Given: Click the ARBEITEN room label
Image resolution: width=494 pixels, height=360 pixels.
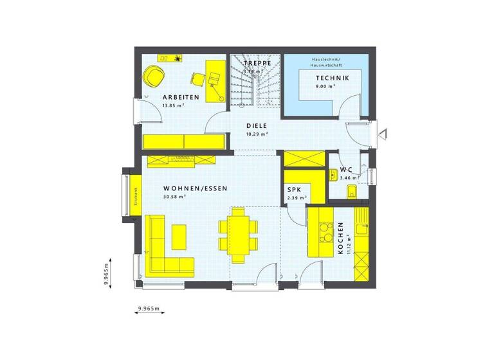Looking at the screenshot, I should [181, 98].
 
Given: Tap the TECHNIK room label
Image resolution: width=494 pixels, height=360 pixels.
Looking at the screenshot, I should [332, 78].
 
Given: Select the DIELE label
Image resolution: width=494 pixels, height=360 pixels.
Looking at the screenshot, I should [256, 126].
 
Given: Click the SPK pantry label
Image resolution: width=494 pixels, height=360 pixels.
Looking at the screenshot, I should [293, 190].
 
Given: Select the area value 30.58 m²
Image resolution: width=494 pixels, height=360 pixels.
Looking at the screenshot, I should [174, 197].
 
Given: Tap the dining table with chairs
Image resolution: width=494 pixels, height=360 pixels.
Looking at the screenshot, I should [238, 235].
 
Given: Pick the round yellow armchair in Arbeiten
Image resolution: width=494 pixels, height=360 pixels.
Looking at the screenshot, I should [154, 76].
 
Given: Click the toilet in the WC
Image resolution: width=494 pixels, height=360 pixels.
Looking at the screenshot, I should [351, 190].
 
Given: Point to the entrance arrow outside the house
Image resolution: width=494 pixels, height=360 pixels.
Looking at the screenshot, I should [383, 134].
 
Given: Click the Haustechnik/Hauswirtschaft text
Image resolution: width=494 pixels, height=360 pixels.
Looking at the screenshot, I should [326, 62].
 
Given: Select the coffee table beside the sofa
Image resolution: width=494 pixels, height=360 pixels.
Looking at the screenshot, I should [179, 236].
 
